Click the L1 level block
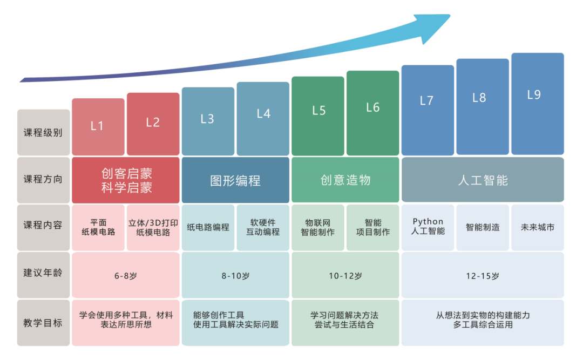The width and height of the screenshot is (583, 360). [98, 127]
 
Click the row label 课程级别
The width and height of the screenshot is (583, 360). [43, 132]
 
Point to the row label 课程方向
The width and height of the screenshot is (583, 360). [43, 179]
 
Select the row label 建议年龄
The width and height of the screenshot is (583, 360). [43, 274]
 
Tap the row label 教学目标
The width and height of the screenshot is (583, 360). [43, 323]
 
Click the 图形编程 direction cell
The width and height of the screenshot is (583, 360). [235, 180]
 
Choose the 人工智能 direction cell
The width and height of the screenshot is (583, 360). [483, 180]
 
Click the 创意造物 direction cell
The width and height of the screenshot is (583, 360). [345, 180]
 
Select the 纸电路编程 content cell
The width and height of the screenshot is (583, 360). [208, 227]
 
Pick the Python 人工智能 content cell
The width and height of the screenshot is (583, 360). [428, 227]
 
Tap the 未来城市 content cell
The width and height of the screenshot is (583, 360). [537, 227]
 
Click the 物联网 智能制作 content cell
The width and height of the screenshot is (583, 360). [317, 227]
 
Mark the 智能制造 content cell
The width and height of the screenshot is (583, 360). [483, 227]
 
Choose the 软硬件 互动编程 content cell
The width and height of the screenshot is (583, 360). [263, 227]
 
